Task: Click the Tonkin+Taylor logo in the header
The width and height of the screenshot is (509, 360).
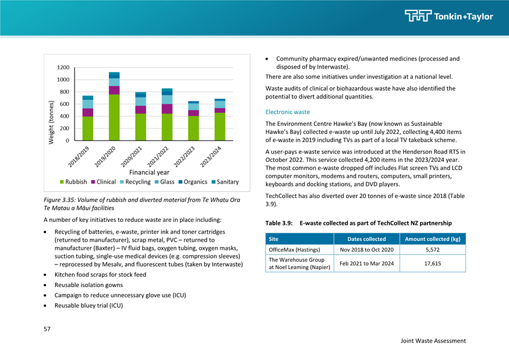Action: coord(448,16)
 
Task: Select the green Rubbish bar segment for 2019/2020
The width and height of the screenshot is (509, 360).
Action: coord(114,118)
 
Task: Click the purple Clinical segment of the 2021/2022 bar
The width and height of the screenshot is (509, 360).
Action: coord(167,109)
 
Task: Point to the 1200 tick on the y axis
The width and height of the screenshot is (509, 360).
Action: coord(63,68)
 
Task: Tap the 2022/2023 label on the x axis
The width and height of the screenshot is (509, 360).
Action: coord(184,157)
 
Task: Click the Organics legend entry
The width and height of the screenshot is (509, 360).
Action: coord(193,182)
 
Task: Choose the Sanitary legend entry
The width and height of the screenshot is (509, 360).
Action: coord(225,182)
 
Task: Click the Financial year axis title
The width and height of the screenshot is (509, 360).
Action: coord(149,172)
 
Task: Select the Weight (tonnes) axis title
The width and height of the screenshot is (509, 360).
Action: coord(51,122)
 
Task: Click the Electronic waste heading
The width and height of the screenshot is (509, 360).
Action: coord(288,112)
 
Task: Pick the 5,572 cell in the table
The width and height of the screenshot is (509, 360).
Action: coord(433,250)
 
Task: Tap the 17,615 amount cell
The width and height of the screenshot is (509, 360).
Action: coord(433,263)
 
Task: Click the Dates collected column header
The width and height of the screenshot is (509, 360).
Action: coord(367,239)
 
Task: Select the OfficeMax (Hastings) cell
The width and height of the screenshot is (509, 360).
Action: coord(295,250)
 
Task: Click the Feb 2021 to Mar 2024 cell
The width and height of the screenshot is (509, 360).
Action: coord(367,263)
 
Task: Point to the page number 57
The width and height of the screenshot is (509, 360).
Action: coord(47,329)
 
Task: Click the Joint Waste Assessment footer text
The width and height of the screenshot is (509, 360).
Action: coord(433,341)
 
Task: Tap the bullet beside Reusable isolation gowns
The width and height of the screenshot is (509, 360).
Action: coord(45,285)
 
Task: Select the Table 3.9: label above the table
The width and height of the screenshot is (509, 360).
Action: coord(279,223)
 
